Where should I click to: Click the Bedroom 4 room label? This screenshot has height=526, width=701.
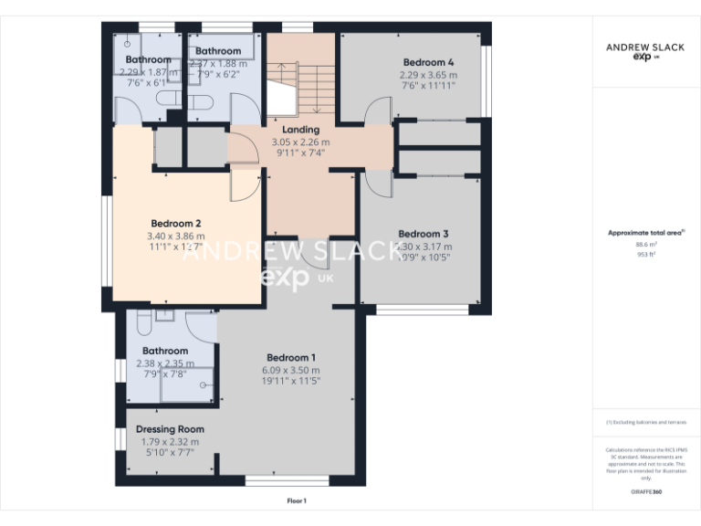(429, 62)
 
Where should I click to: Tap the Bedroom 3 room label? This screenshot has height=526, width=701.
(424, 233)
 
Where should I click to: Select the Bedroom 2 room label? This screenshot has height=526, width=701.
(176, 224)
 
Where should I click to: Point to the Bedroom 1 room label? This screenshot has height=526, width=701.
(291, 357)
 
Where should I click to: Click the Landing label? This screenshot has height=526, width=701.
(300, 130)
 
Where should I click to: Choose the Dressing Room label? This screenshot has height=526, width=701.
(170, 429)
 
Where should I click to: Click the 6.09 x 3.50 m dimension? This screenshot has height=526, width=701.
(291, 371)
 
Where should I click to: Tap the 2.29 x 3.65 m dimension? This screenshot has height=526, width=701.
(429, 74)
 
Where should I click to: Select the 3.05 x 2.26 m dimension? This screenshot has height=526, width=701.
(300, 142)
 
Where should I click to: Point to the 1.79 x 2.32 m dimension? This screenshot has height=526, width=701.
(170, 442)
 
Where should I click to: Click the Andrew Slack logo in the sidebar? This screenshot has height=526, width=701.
(646, 50)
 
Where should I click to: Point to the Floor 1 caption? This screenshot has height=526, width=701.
(297, 500)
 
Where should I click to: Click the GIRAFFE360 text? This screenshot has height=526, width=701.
(646, 493)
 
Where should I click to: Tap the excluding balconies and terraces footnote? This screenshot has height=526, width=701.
(646, 423)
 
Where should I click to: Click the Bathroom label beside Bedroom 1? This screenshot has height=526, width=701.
(165, 351)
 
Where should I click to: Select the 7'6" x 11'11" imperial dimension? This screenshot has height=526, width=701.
(429, 85)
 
